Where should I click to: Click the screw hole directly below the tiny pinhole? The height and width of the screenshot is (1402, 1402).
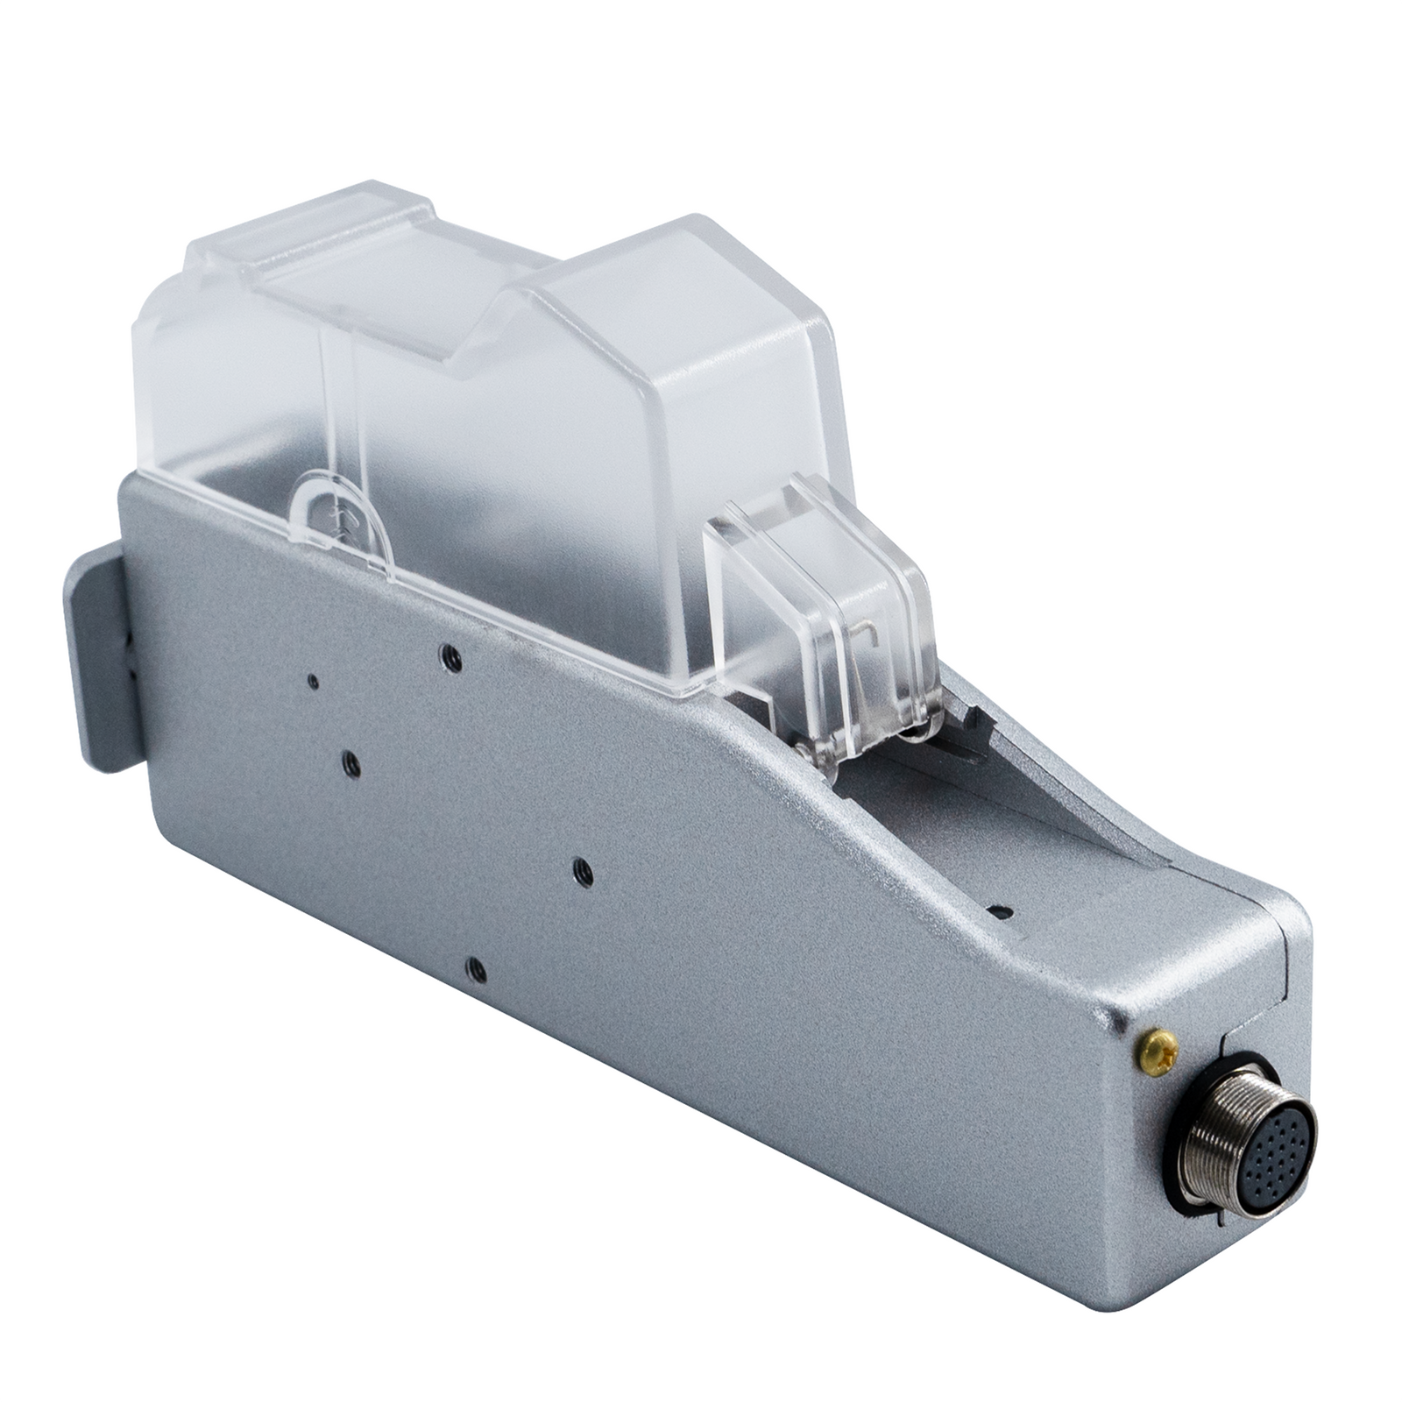click(x=350, y=764)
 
